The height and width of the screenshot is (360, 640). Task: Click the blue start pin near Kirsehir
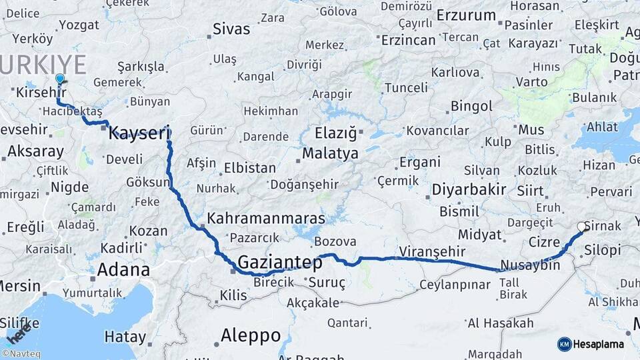point(60,79)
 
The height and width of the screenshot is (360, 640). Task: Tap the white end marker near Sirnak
point(582,227)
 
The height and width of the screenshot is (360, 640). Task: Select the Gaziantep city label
point(280,262)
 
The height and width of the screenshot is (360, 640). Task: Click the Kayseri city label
point(139,133)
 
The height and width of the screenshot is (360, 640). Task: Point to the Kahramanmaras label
point(266,219)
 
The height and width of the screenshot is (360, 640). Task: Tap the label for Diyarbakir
point(469,189)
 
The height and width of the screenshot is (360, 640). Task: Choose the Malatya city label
point(330,154)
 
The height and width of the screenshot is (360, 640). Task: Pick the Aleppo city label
point(251,335)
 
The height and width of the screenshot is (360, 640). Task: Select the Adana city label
point(123,270)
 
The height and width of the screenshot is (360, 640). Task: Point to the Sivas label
point(231,29)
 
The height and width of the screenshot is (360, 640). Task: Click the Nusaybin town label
point(530,265)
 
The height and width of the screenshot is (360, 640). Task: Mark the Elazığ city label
point(336,132)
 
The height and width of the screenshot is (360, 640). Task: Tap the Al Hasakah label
point(501,323)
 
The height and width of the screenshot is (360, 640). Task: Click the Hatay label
point(120,337)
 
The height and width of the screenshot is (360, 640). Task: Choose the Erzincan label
point(409,40)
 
